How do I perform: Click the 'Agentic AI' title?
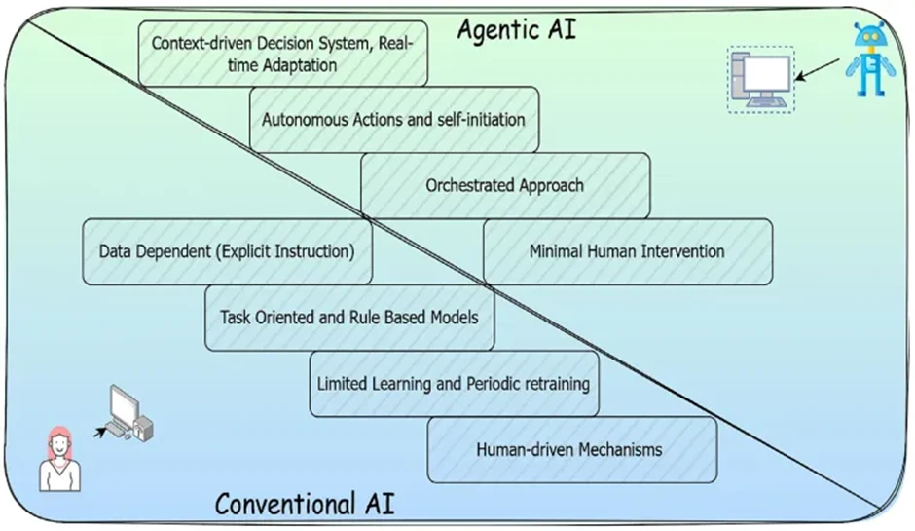[x=517, y=29]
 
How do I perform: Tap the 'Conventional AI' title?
[x=305, y=504]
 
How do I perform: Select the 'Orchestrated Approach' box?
[x=505, y=184]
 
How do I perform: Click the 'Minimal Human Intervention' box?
[x=627, y=251]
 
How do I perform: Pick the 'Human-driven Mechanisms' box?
[x=571, y=450]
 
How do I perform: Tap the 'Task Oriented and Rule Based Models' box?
[x=348, y=318]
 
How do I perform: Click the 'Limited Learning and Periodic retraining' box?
[x=454, y=384]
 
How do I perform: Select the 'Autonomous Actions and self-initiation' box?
[x=393, y=119]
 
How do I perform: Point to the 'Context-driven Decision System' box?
[x=282, y=54]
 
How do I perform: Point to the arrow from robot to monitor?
[x=817, y=69]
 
